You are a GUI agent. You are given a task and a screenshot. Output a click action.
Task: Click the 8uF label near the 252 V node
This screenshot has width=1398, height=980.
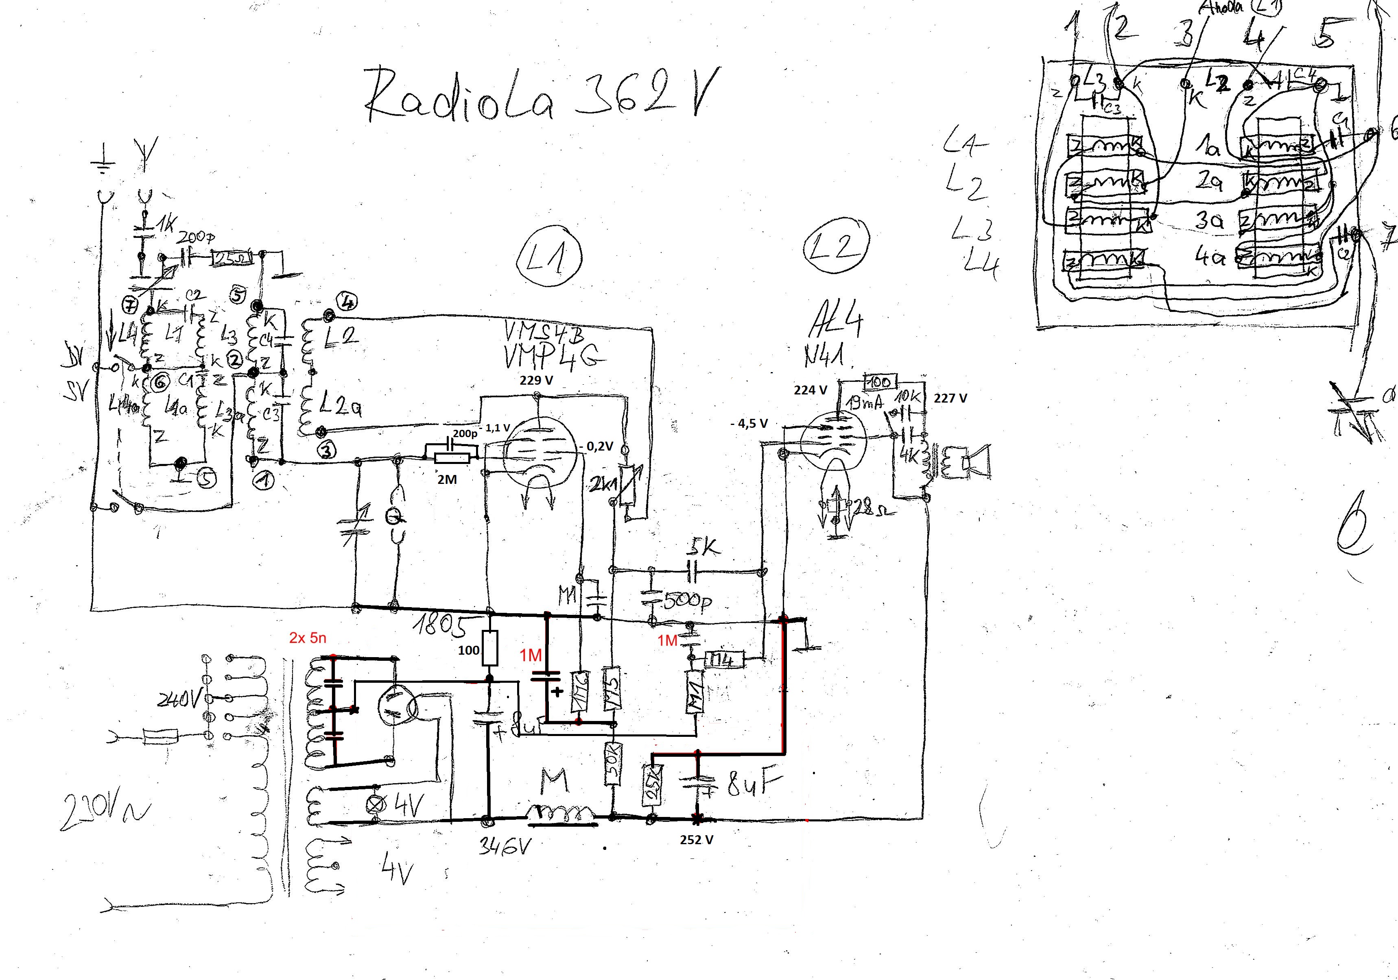coord(754,785)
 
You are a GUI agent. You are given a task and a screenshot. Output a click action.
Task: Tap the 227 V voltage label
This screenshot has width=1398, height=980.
coord(950,398)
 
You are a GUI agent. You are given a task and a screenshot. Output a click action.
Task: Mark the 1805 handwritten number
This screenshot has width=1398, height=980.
coord(442,624)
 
